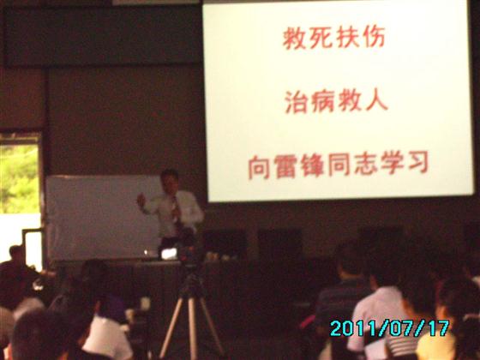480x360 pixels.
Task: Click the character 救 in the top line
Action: (x=294, y=38)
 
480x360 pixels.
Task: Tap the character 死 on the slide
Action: (x=321, y=38)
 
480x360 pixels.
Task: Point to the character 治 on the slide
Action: (x=297, y=102)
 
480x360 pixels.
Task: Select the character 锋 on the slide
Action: (x=312, y=166)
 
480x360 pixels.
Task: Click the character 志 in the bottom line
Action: (x=365, y=165)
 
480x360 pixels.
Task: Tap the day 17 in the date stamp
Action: (x=439, y=327)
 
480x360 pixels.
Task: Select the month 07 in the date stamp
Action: (x=401, y=328)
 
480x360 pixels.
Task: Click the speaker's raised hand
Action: (x=141, y=201)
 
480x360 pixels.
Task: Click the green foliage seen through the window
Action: (x=19, y=179)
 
